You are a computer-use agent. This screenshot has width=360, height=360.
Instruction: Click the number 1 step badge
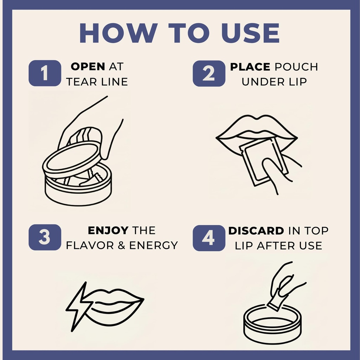click(x=45, y=73)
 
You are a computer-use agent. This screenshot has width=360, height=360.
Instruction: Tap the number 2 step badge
click(x=209, y=73)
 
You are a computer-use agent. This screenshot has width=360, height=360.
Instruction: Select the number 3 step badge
click(x=45, y=237)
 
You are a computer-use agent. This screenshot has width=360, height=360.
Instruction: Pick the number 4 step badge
click(x=209, y=238)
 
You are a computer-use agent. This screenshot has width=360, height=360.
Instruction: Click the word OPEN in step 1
click(x=88, y=66)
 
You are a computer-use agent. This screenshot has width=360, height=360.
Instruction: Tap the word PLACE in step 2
click(x=250, y=67)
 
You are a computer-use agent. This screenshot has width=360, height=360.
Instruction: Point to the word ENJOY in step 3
click(x=108, y=231)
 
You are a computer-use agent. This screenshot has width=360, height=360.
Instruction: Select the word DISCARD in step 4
click(x=256, y=231)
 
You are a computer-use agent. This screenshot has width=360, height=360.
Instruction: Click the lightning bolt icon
click(x=78, y=307)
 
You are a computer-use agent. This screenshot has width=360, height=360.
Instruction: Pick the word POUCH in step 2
click(x=296, y=67)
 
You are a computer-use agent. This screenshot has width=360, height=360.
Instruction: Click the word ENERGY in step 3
click(x=154, y=245)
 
